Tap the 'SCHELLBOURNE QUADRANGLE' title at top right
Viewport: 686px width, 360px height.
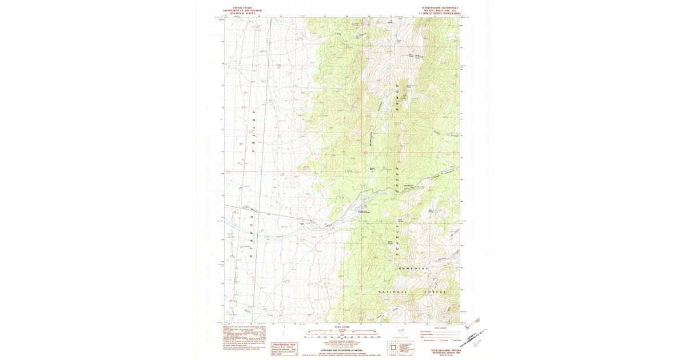click(438, 8)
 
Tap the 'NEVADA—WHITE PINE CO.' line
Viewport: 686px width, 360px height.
click(438, 11)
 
